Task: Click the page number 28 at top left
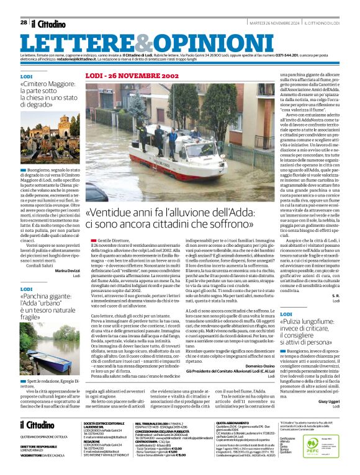coord(24,22)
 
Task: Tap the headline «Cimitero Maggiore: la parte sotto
coord(49,94)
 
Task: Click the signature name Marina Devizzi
coord(67,270)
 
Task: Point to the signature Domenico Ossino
coord(257,366)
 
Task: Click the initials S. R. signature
coord(335,296)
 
